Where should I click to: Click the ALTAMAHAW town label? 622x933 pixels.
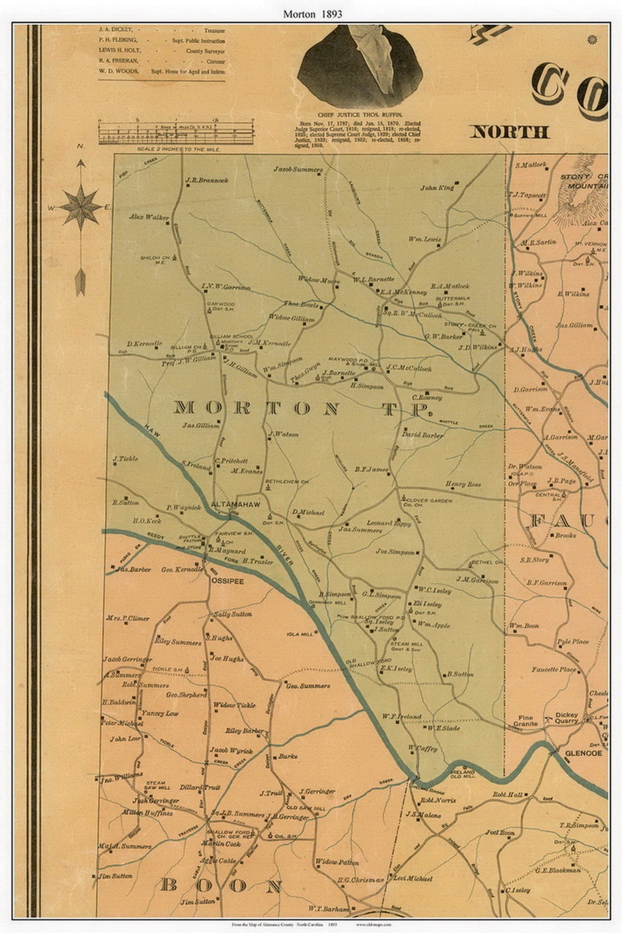[x=236, y=505]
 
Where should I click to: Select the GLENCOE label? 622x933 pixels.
[x=583, y=753]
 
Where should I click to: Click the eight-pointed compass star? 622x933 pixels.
[x=81, y=205]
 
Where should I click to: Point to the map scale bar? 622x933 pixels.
[x=177, y=132]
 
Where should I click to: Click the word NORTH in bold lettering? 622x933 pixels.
[x=510, y=132]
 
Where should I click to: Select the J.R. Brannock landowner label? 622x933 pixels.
[x=207, y=180]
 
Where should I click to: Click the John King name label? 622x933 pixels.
[x=437, y=188]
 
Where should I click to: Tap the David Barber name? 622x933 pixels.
[x=423, y=435]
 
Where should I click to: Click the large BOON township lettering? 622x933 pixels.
[x=222, y=886]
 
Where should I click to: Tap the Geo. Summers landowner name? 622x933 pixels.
[x=308, y=686]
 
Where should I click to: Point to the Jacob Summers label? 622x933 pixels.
[x=298, y=170]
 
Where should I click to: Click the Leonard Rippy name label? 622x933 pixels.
[x=389, y=524]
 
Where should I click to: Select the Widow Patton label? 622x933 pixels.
[x=337, y=863]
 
